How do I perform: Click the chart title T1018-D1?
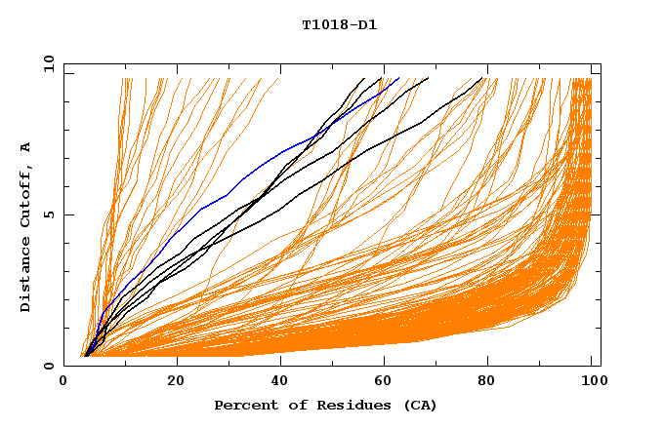pos(339,24)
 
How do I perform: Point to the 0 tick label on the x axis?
pos(63,382)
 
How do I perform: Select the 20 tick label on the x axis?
pos(176,382)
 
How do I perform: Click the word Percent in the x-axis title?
pos(242,406)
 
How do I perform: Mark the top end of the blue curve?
pos(398,78)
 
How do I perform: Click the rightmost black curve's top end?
pos(482,79)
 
